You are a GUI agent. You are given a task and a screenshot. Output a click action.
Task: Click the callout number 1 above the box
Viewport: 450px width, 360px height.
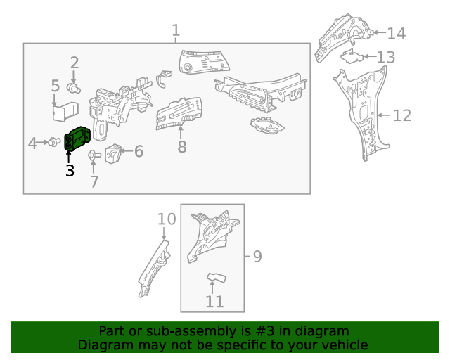point(176,30)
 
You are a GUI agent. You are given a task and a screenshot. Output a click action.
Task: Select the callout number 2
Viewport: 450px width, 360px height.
point(74,63)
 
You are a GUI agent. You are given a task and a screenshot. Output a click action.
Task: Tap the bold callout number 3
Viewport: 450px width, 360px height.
point(69,170)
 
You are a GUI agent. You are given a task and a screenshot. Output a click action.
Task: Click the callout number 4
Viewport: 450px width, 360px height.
point(32,143)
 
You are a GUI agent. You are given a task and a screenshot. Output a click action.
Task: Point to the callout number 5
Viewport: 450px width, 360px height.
point(56,86)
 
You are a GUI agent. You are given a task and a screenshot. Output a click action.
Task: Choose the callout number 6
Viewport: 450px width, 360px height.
point(139,151)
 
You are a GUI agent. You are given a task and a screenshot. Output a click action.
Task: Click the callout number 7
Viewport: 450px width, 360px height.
point(94,182)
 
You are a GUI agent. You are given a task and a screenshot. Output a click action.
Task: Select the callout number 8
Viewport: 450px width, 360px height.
point(182,147)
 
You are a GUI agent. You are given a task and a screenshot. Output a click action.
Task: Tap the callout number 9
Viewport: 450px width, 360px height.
point(257,257)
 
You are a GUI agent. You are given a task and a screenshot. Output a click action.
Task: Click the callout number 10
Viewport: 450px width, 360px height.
point(166,219)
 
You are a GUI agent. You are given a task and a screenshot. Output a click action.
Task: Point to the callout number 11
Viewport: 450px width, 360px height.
point(214,302)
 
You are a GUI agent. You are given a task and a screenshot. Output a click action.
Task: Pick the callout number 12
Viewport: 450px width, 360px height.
point(401,115)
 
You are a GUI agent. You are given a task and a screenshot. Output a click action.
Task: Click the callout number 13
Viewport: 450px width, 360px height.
point(386,57)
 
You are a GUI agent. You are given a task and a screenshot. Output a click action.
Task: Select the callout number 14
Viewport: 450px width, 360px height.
point(397,33)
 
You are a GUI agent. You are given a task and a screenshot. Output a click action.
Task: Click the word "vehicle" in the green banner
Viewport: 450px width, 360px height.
point(340,345)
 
